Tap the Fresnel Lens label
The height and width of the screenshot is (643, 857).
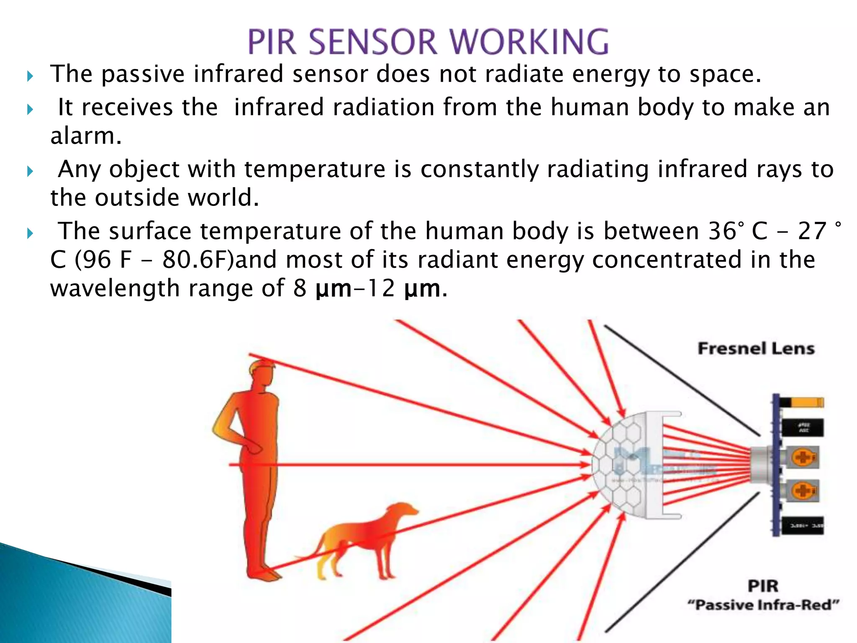pyautogui.click(x=756, y=348)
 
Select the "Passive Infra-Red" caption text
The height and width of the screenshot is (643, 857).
pyautogui.click(x=763, y=605)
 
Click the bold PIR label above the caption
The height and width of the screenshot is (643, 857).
pyautogui.click(x=763, y=586)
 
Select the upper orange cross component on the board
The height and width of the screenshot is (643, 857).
pyautogui.click(x=803, y=457)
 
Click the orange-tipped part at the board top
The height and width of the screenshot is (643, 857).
pyautogui.click(x=808, y=402)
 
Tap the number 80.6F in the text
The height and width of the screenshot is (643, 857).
pyautogui.click(x=198, y=260)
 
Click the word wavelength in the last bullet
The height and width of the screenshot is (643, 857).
pyautogui.click(x=115, y=288)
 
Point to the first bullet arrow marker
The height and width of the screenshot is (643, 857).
pyautogui.click(x=30, y=76)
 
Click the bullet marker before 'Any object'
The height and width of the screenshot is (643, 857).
pyautogui.click(x=30, y=171)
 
